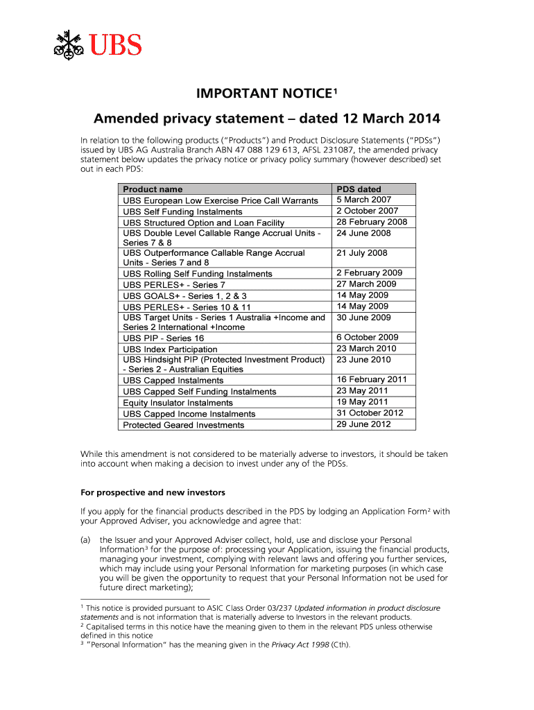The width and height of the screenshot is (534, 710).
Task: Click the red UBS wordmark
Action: click(x=114, y=45)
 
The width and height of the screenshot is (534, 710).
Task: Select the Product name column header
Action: click(x=153, y=189)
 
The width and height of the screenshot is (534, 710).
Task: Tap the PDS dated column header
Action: click(x=359, y=189)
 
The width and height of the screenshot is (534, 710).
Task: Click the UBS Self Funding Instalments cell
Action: click(x=182, y=211)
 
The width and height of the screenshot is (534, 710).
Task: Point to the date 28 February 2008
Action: click(x=372, y=222)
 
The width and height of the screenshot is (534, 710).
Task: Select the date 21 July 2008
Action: click(x=362, y=253)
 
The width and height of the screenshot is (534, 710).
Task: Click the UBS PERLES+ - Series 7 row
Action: click(x=174, y=285)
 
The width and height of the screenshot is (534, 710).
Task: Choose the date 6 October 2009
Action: click(x=368, y=338)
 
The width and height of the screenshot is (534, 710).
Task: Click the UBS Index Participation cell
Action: click(x=170, y=349)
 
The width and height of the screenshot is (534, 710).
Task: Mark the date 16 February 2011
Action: click(x=372, y=379)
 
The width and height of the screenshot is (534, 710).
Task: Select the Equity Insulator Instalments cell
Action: click(x=178, y=403)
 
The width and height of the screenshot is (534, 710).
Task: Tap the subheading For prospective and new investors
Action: click(x=153, y=492)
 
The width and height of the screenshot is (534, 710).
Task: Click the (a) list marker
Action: click(x=86, y=539)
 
